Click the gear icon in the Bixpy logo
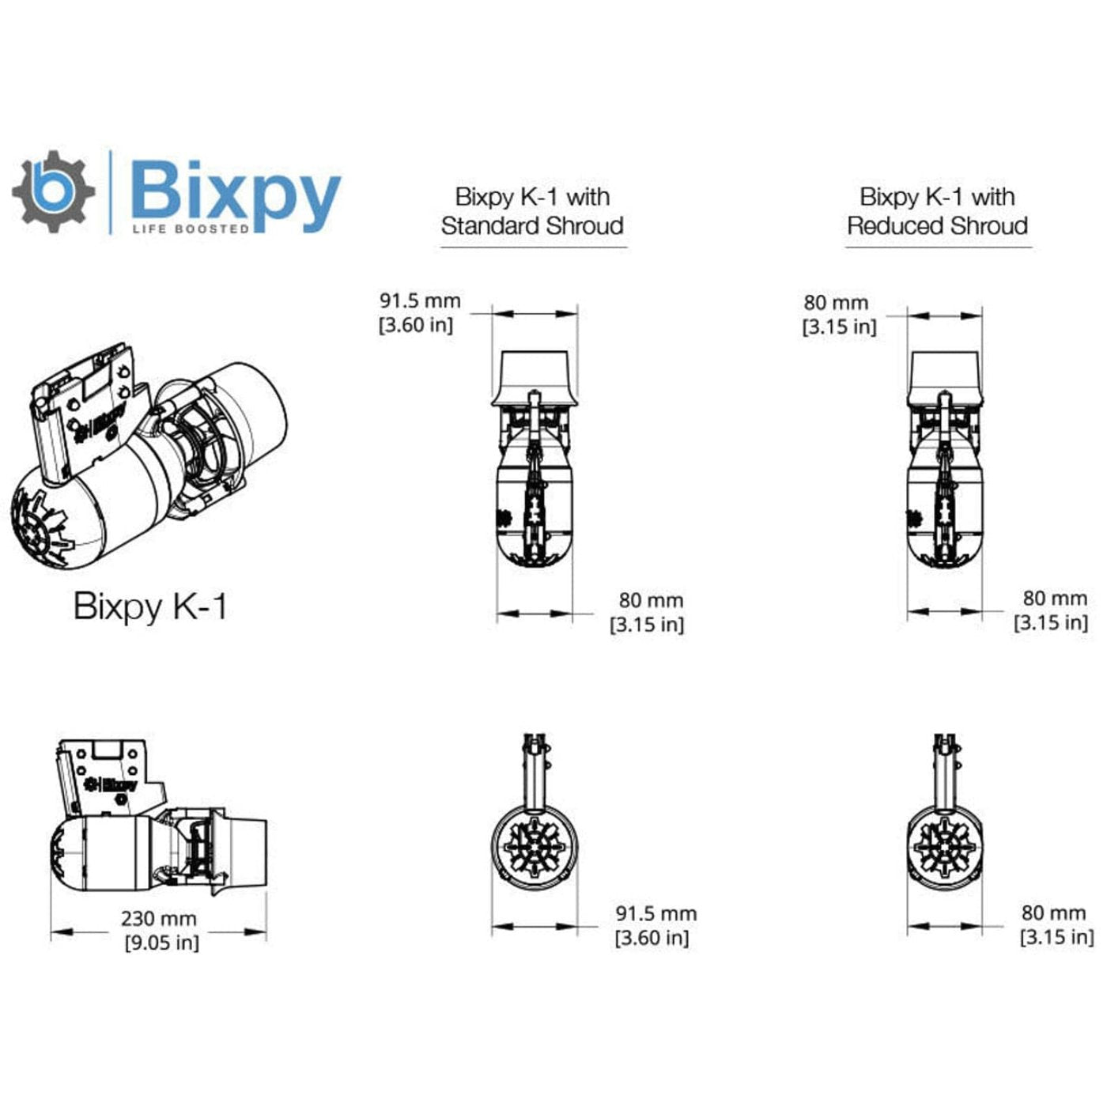tap(53, 191)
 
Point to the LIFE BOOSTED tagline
tap(191, 229)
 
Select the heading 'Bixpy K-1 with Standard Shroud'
tap(532, 211)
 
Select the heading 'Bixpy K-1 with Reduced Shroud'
tap(937, 211)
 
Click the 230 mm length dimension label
tap(158, 919)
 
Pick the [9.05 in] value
tap(161, 943)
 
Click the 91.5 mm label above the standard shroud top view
tap(419, 301)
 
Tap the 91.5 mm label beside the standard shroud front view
tap(656, 914)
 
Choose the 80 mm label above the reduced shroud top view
tap(836, 303)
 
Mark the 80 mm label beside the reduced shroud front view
tap(1053, 913)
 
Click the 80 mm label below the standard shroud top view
tap(651, 601)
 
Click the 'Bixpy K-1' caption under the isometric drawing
tap(150, 606)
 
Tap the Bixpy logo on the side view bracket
tap(111, 784)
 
